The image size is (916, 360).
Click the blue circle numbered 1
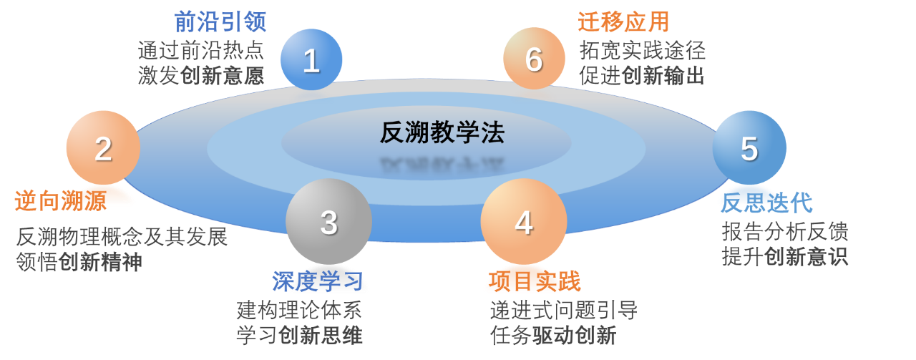[x=311, y=60]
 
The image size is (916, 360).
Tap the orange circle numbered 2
[x=103, y=148]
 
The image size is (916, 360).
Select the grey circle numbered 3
[x=328, y=222]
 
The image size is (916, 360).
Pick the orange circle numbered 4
[x=523, y=222]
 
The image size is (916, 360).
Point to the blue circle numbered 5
[x=749, y=148]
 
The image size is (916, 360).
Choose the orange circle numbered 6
[x=534, y=59]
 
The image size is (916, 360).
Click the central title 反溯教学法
[x=442, y=133]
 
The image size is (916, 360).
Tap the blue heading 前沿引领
[x=220, y=21]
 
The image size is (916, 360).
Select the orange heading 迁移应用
[x=623, y=21]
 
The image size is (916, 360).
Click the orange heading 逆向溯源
[x=61, y=201]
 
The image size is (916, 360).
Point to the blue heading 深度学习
[x=318, y=281]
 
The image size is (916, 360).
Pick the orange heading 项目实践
[x=534, y=281]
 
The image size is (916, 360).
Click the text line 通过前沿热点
[x=200, y=50]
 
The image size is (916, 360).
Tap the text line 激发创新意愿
[x=200, y=74]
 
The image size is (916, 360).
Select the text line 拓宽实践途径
[x=643, y=50]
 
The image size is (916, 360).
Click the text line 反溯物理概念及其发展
[x=122, y=237]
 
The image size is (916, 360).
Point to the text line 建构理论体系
[x=299, y=310]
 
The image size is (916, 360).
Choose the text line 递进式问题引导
[x=563, y=310]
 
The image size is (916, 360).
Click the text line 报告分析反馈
[x=784, y=231]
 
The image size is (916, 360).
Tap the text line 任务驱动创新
[x=552, y=334]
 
